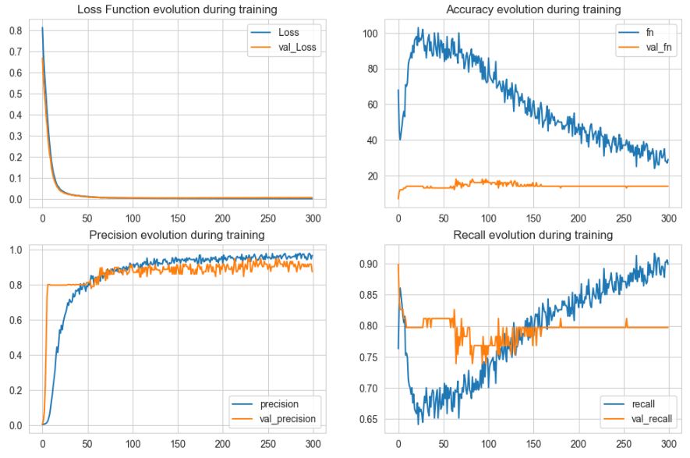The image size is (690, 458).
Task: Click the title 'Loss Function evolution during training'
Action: pyautogui.click(x=176, y=10)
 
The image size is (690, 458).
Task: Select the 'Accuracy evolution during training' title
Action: pyautogui.click(x=533, y=10)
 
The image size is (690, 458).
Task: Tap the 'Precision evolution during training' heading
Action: pyautogui.click(x=176, y=235)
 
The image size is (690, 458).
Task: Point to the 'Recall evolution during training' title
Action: pyautogui.click(x=533, y=235)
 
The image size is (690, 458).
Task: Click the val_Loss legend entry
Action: pyautogui.click(x=296, y=47)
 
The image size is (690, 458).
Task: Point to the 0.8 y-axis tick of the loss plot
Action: pyautogui.click(x=15, y=30)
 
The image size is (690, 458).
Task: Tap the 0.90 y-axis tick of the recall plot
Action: pyautogui.click(x=366, y=264)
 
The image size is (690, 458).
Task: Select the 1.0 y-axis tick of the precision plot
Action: pyautogui.click(x=15, y=250)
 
